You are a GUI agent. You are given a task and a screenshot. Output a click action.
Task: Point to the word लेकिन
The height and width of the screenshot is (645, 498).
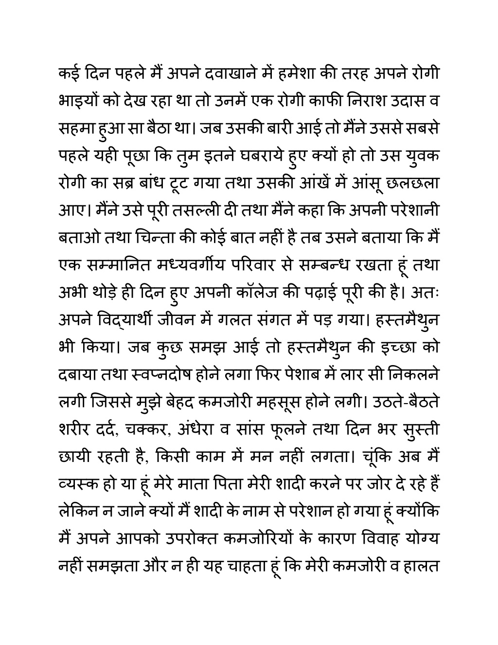(78, 513)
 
